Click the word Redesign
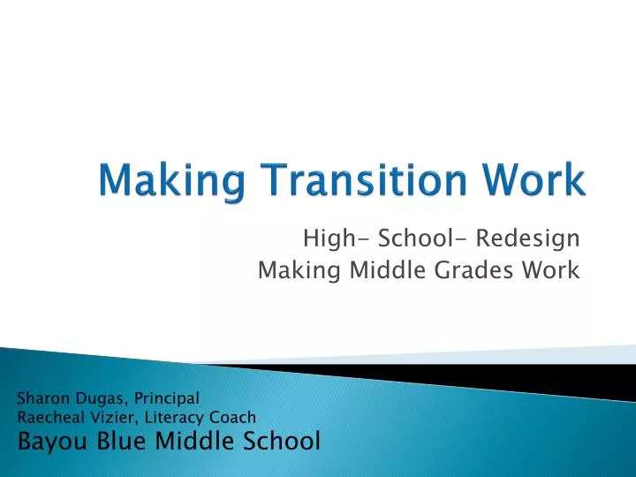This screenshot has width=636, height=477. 528,238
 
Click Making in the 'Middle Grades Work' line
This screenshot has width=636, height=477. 286,271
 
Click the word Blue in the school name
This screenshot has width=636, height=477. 118,439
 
